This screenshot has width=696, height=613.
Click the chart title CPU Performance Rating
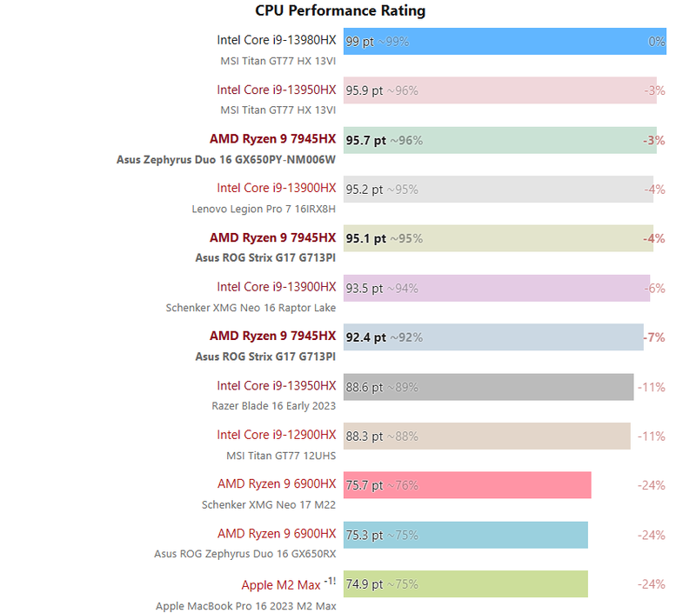[x=340, y=11]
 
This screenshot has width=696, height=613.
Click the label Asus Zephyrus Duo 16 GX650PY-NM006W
[x=226, y=160]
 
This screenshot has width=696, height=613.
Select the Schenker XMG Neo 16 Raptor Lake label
[x=251, y=308]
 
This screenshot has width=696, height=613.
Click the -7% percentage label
[x=653, y=336]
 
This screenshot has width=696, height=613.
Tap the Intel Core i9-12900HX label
[x=276, y=435]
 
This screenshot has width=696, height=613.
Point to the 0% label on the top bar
[x=656, y=41]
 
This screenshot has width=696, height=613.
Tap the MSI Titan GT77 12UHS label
[x=281, y=456]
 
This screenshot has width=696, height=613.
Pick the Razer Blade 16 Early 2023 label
[x=273, y=406]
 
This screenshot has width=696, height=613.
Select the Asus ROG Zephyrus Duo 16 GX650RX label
[x=244, y=554]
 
